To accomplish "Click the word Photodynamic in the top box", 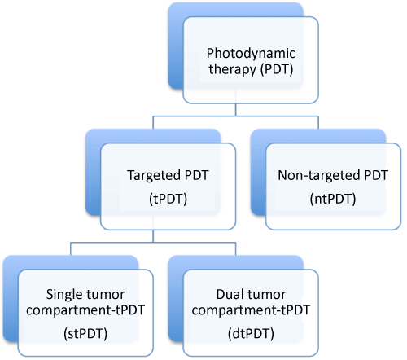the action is point(251,54).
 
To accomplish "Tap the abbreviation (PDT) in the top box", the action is point(277,69).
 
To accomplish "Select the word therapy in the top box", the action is point(232,69).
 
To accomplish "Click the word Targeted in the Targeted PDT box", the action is point(153,176).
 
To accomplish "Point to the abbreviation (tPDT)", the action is point(168,199).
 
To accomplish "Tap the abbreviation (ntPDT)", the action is point(333,199).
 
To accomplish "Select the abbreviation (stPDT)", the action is point(85,334).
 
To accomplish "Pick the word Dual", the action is point(228,295).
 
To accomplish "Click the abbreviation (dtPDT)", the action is point(251,334).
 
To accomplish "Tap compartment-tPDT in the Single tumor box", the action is point(85,310).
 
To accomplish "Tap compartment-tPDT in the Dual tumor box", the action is point(251,310).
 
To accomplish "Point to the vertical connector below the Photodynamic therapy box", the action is point(235,110).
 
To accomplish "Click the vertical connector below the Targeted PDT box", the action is point(153,236).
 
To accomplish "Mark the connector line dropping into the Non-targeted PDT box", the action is point(318,122).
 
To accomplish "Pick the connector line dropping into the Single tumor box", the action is point(71,248).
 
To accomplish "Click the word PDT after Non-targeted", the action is point(376,176).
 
